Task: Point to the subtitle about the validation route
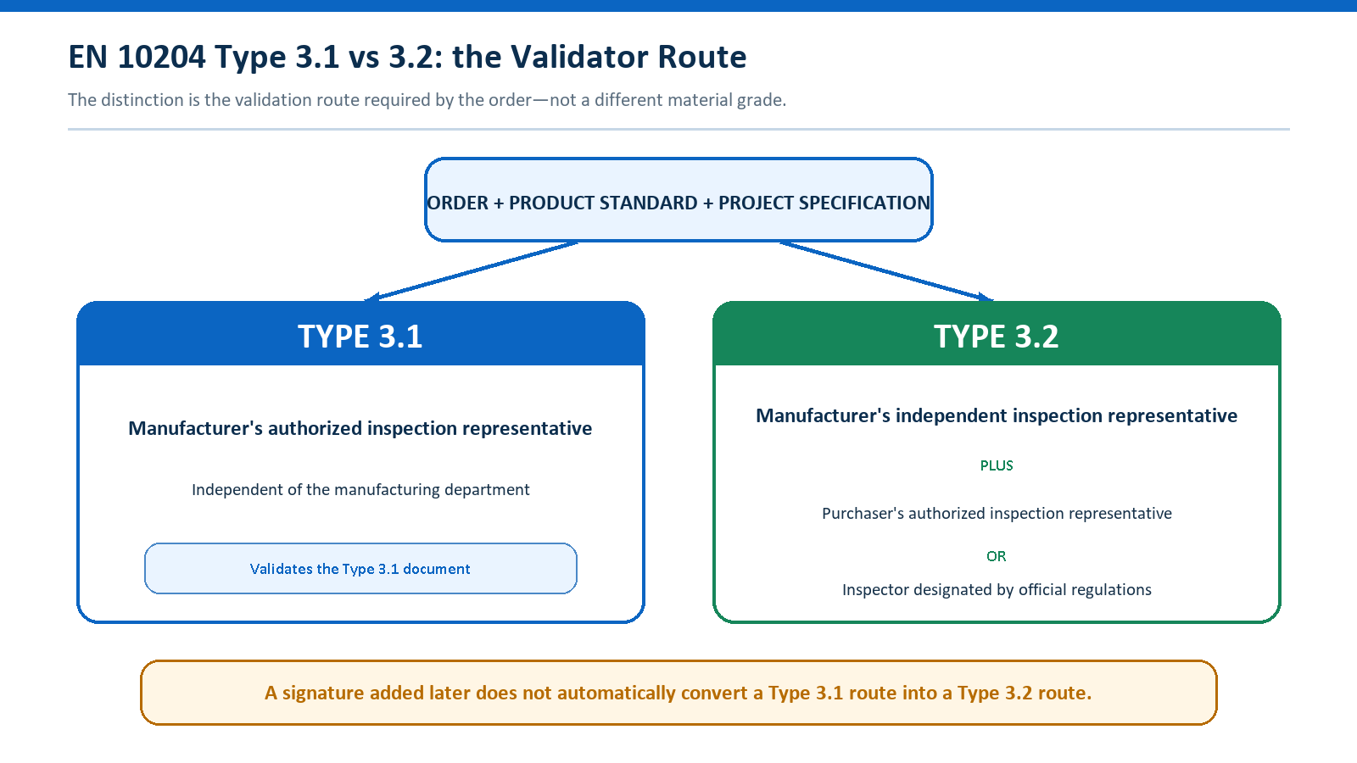[427, 100]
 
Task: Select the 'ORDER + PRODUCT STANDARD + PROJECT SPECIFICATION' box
[678, 200]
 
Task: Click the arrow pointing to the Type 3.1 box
[472, 270]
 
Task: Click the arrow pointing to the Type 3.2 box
[887, 270]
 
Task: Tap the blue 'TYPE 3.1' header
[360, 334]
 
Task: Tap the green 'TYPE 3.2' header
[997, 334]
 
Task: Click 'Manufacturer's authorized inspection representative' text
[360, 429]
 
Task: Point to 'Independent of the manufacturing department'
[360, 489]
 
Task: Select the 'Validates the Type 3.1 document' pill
[360, 569]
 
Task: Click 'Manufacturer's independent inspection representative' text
[997, 416]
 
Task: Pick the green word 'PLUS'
[997, 465]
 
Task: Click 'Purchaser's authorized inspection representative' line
[997, 514]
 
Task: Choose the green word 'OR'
[997, 556]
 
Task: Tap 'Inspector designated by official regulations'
[997, 590]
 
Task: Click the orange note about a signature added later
[678, 693]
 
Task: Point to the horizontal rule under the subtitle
[678, 129]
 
